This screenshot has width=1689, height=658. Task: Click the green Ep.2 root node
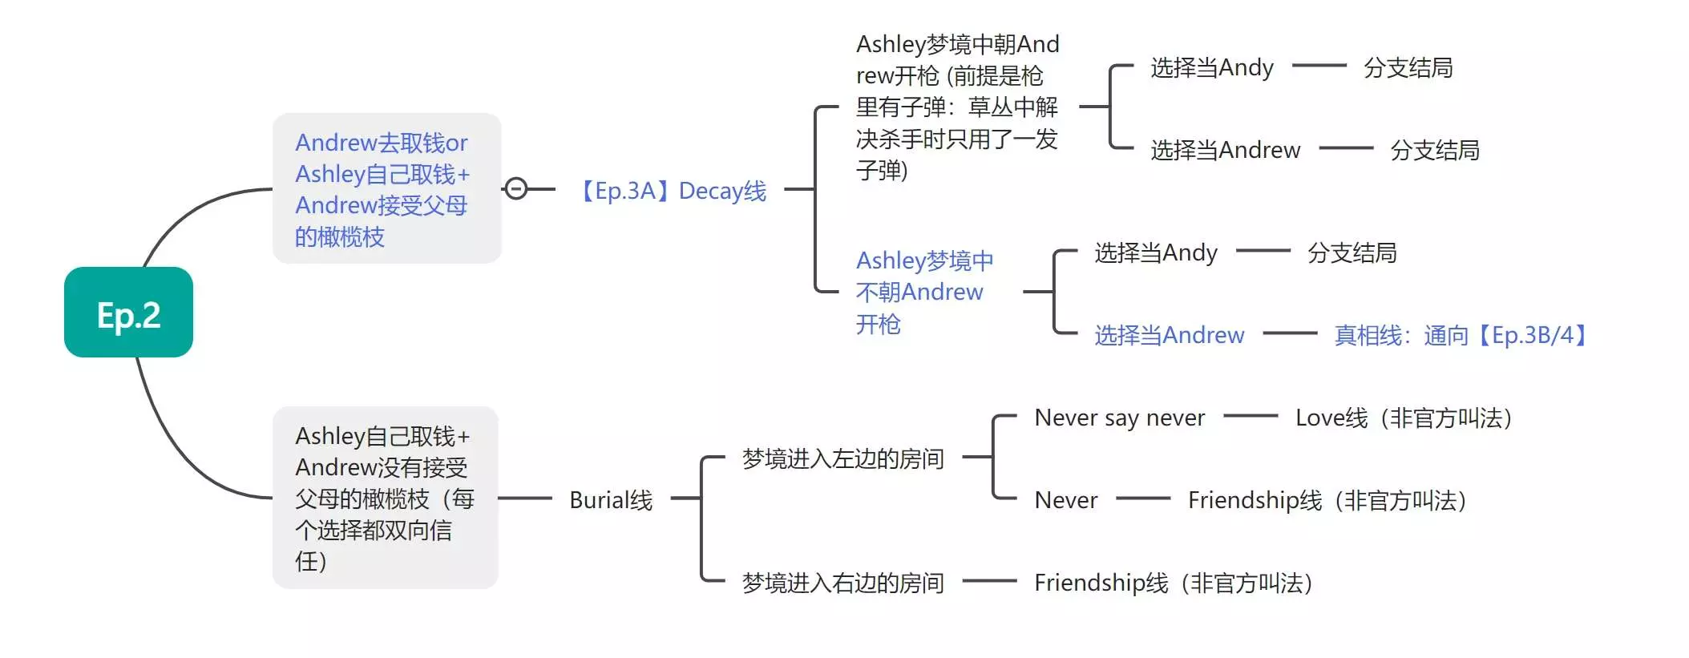pos(128,313)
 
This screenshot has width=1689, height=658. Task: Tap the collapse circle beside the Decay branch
pos(516,189)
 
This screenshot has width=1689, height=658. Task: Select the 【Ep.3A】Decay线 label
pos(672,191)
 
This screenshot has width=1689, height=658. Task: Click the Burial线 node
pos(611,500)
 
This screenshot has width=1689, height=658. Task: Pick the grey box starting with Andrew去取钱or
pos(386,188)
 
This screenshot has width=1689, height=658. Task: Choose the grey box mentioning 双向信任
pos(385,498)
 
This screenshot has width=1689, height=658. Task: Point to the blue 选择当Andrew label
pos(1169,335)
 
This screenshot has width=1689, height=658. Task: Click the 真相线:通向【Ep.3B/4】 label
pos(1461,335)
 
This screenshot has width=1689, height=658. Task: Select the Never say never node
pos(1119,418)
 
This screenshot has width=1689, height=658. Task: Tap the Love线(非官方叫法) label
pos(1404,418)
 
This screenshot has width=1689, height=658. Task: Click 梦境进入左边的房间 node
pos(842,459)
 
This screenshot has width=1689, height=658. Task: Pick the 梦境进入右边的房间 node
pos(842,583)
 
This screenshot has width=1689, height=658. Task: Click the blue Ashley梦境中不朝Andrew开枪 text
pos(923,292)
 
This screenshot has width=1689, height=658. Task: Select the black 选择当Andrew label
pos(1225,150)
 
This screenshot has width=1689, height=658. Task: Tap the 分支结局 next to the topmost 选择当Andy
pos(1408,68)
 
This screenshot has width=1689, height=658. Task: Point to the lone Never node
pos(1065,500)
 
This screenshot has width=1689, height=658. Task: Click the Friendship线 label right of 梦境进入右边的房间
pos(1173,583)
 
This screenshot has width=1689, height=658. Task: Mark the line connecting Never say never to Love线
pos(1251,416)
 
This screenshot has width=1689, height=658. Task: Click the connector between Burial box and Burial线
pos(525,499)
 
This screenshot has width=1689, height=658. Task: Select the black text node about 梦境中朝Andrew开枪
pos(957,107)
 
